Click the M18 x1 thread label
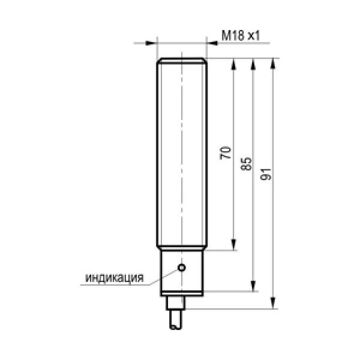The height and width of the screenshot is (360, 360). (x=241, y=35)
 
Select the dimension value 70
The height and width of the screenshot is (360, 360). (x=225, y=152)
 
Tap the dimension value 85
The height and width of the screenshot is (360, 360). (x=245, y=164)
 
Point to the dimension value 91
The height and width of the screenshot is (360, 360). (x=266, y=174)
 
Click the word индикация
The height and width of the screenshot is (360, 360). (x=115, y=278)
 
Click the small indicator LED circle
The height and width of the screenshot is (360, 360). (x=182, y=268)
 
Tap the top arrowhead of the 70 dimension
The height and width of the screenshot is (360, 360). (x=233, y=64)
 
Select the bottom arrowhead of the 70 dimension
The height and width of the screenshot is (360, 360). (x=233, y=245)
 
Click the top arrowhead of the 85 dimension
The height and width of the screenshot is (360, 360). (x=253, y=64)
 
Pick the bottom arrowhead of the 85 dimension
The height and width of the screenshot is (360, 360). (x=253, y=286)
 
